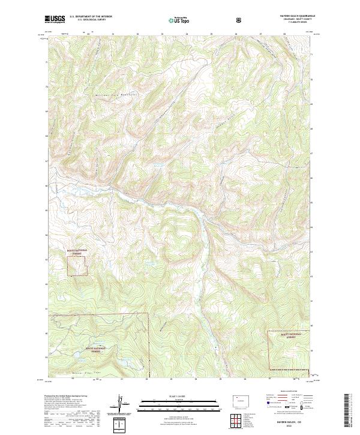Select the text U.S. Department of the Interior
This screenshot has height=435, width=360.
(90, 17)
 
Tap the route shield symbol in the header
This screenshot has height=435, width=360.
(241, 19)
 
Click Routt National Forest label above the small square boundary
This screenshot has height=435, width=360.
(76, 251)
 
